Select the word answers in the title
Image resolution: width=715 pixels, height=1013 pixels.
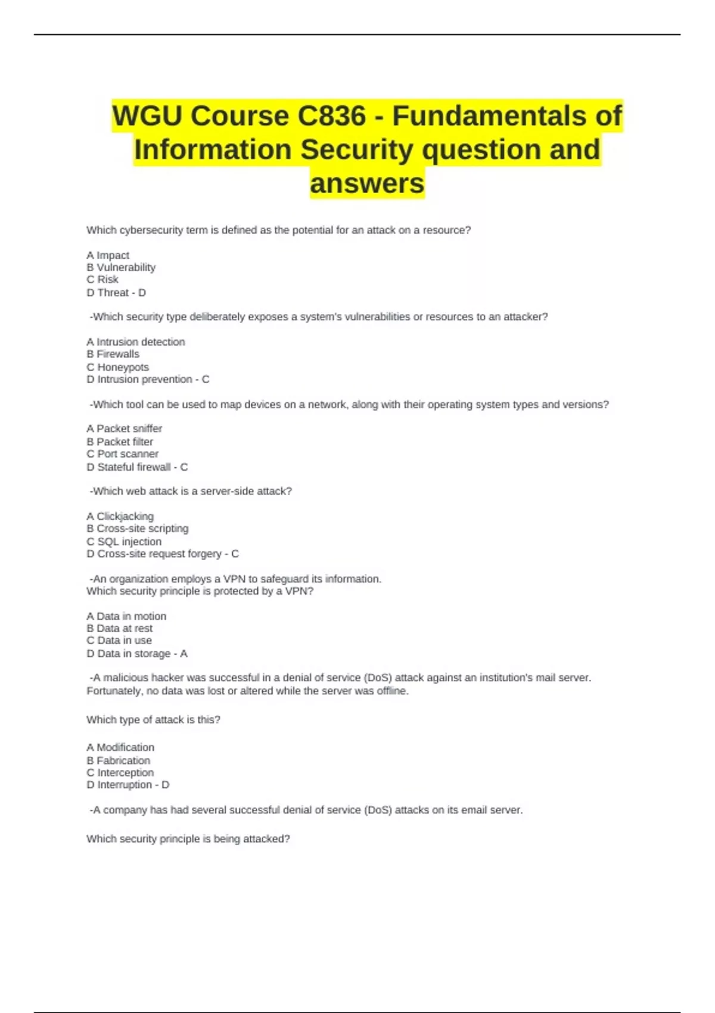point(367,183)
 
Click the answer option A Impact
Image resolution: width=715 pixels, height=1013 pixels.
point(108,255)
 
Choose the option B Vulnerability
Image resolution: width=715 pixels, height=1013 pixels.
point(121,268)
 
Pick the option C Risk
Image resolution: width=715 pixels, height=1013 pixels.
point(102,279)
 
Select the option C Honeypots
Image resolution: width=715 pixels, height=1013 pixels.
point(118,367)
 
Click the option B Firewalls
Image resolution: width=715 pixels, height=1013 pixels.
point(113,354)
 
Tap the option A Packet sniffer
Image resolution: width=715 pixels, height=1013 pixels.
point(124,428)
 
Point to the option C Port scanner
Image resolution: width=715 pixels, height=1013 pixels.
point(123,453)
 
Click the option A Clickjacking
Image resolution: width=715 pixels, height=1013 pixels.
point(120,516)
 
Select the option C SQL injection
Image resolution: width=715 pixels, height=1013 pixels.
point(124,542)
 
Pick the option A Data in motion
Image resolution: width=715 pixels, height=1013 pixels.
point(126,616)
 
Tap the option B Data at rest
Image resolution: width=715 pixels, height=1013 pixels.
point(120,628)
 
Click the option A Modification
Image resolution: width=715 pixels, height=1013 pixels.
point(120,747)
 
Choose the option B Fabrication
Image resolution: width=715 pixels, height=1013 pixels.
point(119,760)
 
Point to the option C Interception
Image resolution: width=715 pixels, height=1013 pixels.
point(120,772)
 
